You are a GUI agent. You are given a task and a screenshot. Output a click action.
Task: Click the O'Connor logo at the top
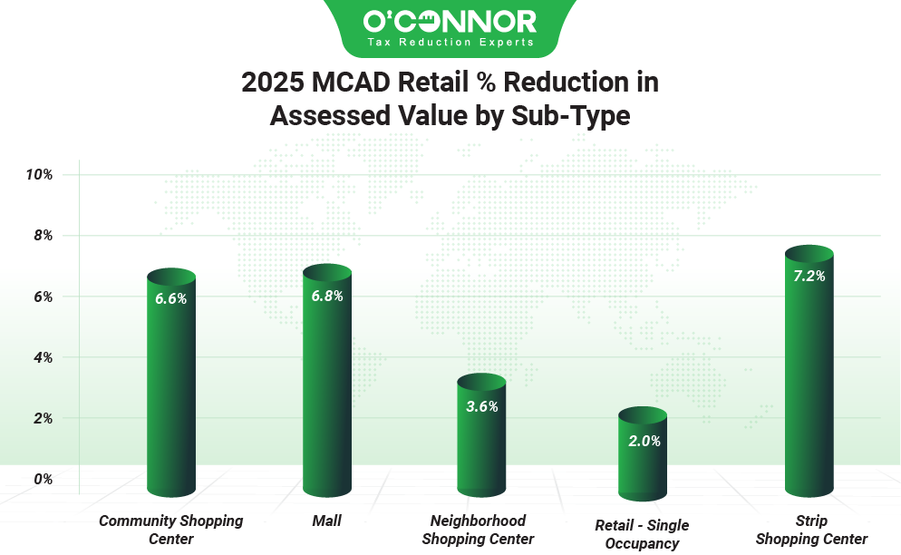[x=450, y=20]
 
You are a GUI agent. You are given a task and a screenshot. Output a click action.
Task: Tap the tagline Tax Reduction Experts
[x=450, y=43]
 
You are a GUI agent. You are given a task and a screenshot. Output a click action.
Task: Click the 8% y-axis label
[x=43, y=236]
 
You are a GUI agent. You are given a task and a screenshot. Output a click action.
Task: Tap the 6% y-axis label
[x=43, y=297]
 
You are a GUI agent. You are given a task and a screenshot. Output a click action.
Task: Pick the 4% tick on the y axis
[x=43, y=357]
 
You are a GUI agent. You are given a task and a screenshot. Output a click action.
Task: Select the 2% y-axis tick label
[x=43, y=418]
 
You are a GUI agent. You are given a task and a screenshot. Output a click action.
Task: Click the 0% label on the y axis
[x=43, y=479]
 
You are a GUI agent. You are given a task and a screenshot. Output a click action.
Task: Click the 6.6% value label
[x=170, y=298]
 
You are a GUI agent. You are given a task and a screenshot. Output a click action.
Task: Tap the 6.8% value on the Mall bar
[x=326, y=296]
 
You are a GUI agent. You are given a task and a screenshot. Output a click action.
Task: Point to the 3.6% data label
[x=481, y=406]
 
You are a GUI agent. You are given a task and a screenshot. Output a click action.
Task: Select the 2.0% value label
[x=644, y=442]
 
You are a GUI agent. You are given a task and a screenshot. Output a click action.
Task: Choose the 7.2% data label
[x=809, y=277]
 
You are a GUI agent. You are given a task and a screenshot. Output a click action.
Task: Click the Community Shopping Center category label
[x=170, y=530]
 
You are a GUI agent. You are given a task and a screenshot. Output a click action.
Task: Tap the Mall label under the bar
[x=326, y=521]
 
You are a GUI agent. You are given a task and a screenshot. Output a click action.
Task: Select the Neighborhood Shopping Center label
[x=478, y=530]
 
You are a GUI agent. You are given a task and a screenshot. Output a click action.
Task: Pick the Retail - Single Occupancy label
[x=642, y=534]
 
